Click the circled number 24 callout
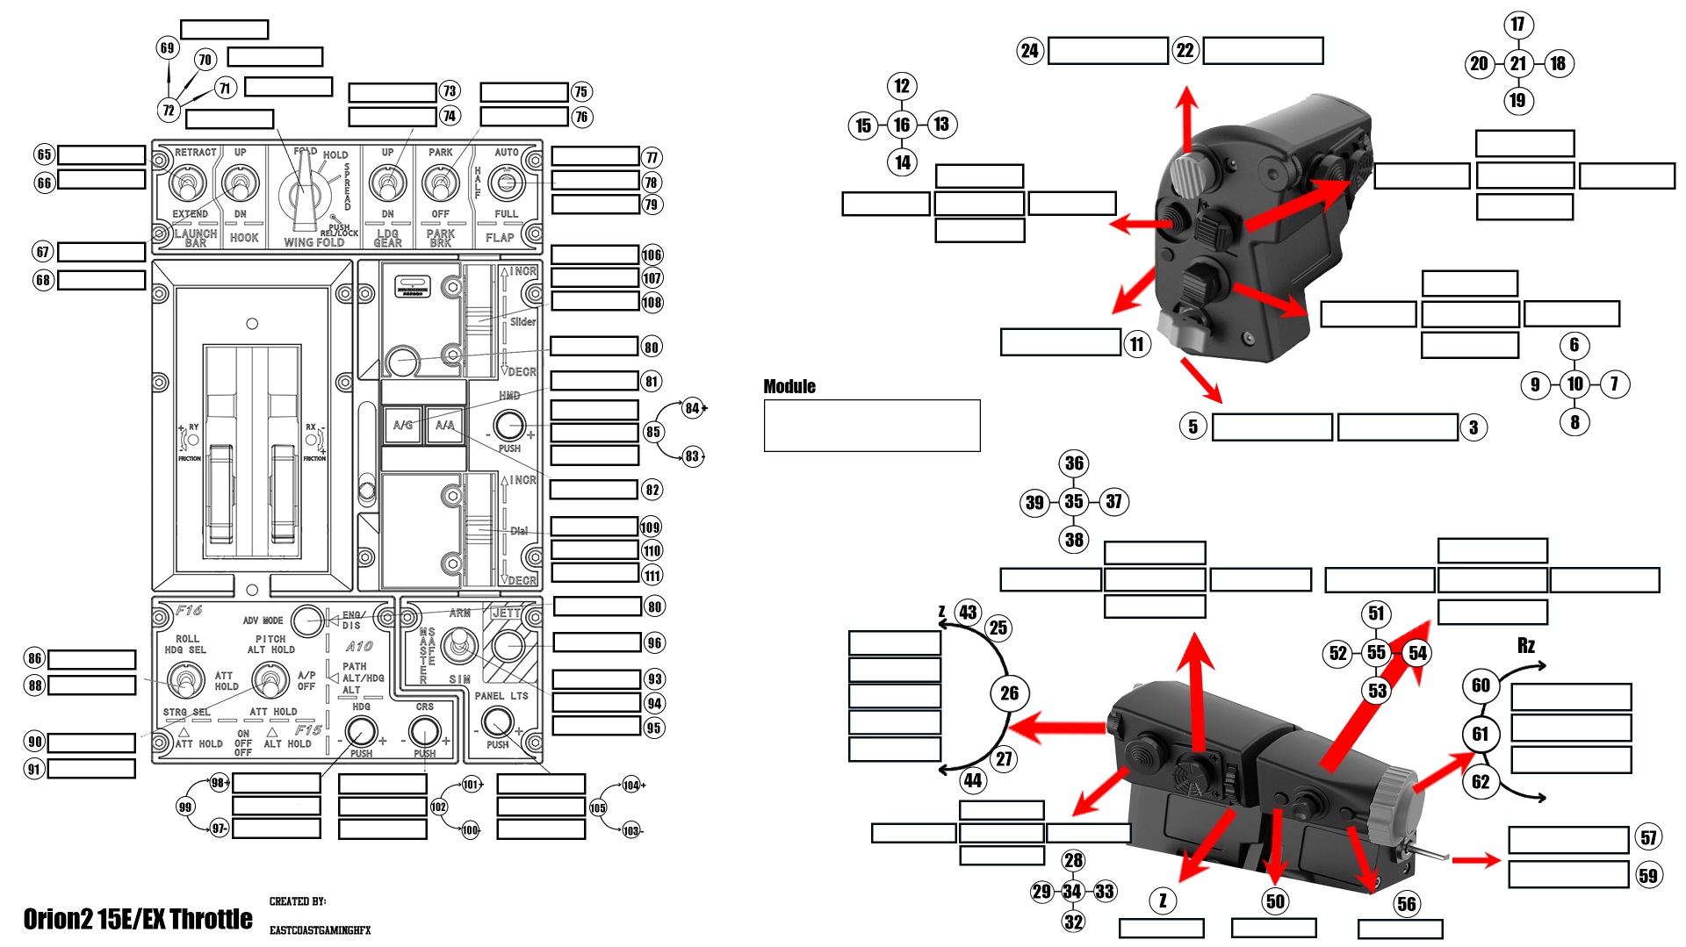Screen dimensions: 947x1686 [x=1029, y=51]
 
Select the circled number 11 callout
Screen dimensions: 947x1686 [x=1137, y=343]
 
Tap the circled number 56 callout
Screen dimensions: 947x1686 [x=1407, y=904]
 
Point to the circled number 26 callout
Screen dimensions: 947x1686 [x=1009, y=693]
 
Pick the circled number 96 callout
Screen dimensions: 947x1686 [x=654, y=642]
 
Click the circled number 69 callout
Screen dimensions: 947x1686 [x=167, y=47]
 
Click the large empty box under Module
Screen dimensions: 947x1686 [x=872, y=426]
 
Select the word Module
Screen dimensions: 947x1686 [x=789, y=387]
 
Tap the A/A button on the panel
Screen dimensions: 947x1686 [x=445, y=426]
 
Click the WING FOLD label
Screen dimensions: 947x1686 [x=313, y=242]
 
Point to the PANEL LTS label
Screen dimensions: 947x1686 [x=501, y=696]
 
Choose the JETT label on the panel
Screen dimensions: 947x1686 [x=507, y=613]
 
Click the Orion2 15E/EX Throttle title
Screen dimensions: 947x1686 [x=138, y=919]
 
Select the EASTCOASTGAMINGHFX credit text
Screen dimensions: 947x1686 [x=320, y=930]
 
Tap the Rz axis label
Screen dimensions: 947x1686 [x=1526, y=646]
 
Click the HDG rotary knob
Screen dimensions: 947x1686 [x=361, y=730]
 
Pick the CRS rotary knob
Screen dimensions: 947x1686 [x=425, y=730]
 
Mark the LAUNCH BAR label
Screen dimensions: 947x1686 [x=195, y=238]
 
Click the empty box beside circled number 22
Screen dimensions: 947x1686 [x=1263, y=51]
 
